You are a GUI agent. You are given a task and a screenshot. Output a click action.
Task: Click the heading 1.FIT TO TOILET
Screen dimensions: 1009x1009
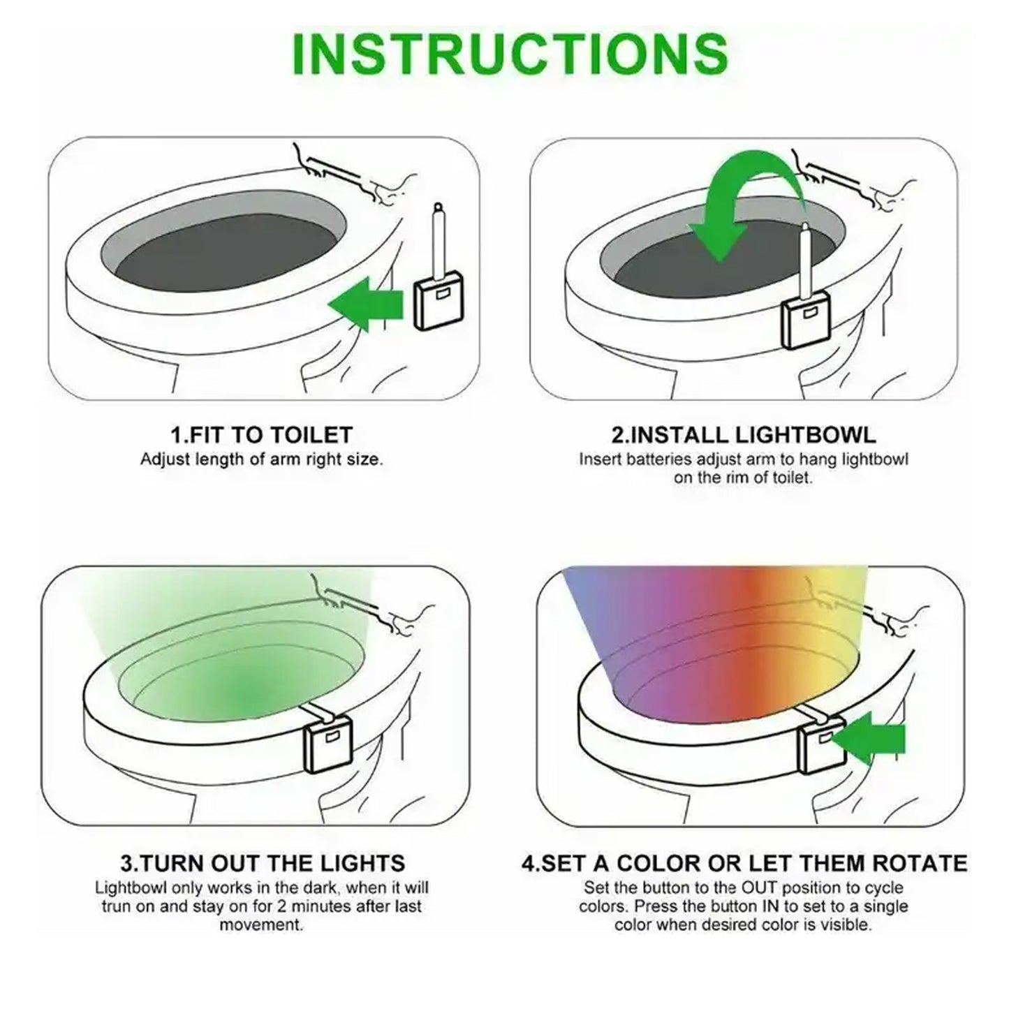262,435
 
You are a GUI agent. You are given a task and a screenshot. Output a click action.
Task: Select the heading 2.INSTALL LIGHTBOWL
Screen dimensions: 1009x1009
743,435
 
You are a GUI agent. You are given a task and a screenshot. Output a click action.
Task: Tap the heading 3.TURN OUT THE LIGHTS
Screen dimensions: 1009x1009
263,863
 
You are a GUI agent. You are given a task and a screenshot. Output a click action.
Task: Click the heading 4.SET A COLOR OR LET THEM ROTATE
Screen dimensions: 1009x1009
744,863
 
